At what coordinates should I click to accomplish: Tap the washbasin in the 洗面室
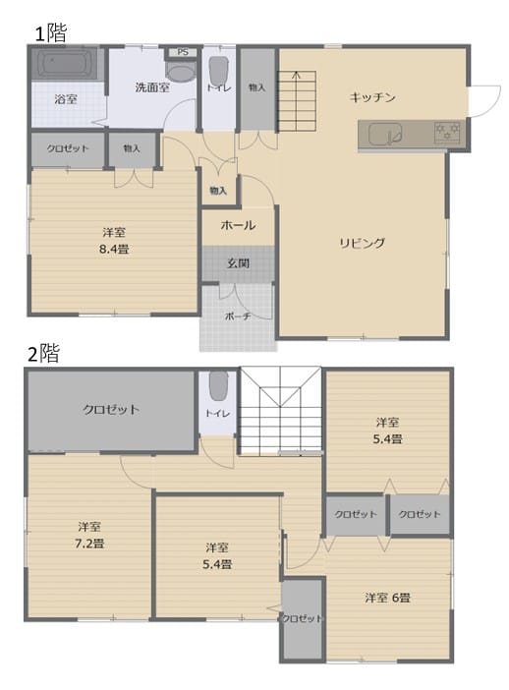(181, 72)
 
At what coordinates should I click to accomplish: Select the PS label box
(183, 52)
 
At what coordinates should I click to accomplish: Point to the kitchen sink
(385, 134)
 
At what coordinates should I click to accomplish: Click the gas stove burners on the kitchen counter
(447, 132)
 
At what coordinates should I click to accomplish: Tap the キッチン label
(372, 97)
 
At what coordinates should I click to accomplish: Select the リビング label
(362, 243)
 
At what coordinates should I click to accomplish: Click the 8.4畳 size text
(114, 249)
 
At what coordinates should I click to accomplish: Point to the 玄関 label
(239, 263)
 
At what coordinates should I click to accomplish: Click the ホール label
(238, 225)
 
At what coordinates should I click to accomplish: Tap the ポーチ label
(238, 316)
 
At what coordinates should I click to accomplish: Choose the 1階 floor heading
(50, 33)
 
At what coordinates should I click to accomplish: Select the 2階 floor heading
(43, 354)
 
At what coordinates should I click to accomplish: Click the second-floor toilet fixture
(218, 385)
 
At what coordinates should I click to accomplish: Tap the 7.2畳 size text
(89, 544)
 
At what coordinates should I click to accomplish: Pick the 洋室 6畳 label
(387, 598)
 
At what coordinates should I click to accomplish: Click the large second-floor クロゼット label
(111, 410)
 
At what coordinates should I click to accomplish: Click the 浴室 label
(66, 99)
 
